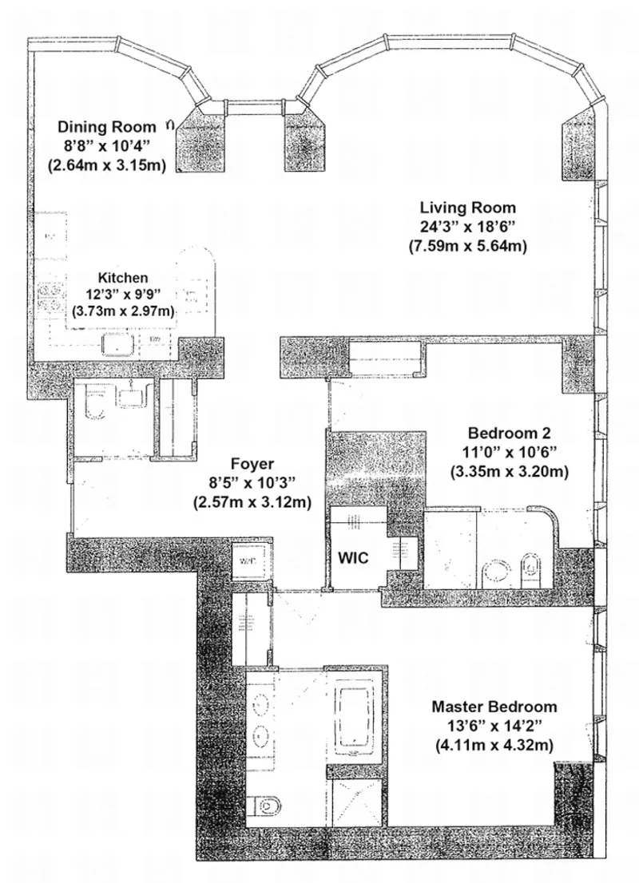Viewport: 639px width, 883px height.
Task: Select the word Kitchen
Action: pos(123,278)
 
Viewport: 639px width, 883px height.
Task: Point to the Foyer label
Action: pos(252,463)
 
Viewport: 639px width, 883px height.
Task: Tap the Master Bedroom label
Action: pos(494,707)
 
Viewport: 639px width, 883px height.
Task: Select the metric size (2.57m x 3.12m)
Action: pos(252,501)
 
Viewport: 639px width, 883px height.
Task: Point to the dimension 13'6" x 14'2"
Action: pos(494,726)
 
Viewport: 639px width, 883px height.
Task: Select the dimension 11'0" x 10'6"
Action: pos(509,453)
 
